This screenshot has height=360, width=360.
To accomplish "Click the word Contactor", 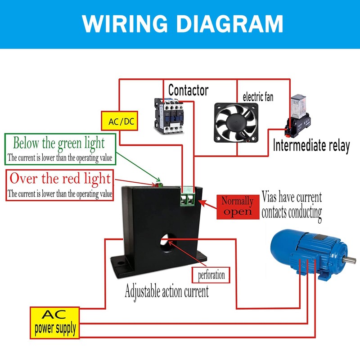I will pos(188,90).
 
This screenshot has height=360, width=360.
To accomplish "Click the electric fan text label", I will pos(258,97).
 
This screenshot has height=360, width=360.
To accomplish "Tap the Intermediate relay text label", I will pos(311,146).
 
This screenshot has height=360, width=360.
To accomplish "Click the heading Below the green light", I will pos(58,144).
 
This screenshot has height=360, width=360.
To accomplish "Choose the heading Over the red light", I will pos(60,179).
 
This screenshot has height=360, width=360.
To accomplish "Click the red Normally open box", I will pos(237,207).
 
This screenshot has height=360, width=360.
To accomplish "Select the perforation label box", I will pos(211,274).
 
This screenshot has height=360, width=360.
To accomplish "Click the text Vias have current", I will pos(292,197).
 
